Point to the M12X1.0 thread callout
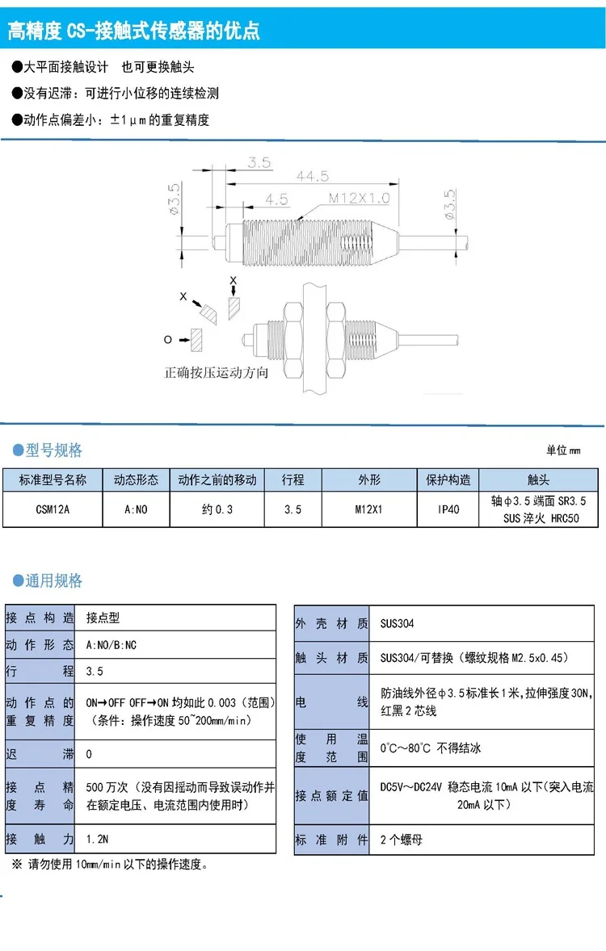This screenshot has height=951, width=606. pyautogui.click(x=359, y=198)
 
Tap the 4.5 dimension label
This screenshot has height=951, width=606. pyautogui.click(x=276, y=199)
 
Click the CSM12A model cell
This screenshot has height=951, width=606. pyautogui.click(x=53, y=509)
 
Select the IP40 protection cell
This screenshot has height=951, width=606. pyautogui.click(x=448, y=509)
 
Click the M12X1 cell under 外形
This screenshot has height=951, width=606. pyautogui.click(x=369, y=509)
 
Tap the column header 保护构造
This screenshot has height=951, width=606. pyautogui.click(x=448, y=480)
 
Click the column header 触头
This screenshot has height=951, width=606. pyautogui.click(x=537, y=480)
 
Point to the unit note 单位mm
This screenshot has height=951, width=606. pyautogui.click(x=563, y=450)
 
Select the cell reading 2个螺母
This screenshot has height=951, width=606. pyautogui.click(x=402, y=840)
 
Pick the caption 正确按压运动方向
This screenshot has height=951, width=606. pyautogui.click(x=216, y=373)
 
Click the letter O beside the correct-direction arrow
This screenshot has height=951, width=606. pyautogui.click(x=168, y=340)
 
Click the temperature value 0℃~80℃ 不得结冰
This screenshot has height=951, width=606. pyautogui.click(x=431, y=748)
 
